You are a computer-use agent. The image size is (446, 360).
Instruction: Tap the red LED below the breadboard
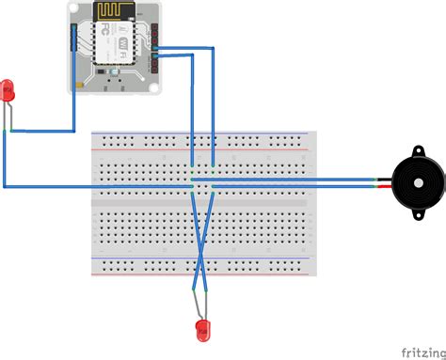point(200,328)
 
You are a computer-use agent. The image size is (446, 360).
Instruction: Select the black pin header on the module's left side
point(73,39)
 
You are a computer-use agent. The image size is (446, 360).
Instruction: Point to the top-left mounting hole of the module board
point(76,10)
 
